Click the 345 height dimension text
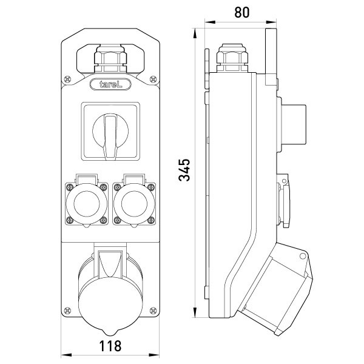pos(185,170)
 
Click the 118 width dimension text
pos(110,346)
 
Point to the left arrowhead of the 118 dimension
pos(64,356)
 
